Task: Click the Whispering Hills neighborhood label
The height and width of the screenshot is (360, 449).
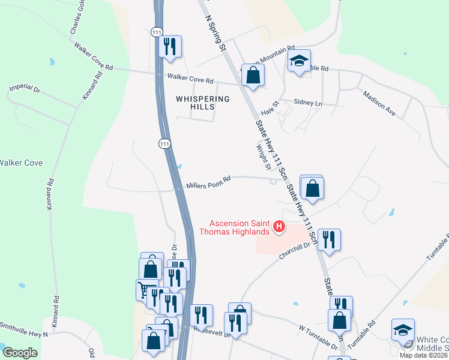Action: [x=194, y=102]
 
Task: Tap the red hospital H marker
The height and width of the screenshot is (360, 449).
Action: [x=279, y=226]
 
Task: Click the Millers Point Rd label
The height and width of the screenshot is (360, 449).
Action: [x=208, y=181]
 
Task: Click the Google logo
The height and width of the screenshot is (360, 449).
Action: [x=20, y=353]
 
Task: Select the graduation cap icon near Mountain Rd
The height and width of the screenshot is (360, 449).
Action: [x=299, y=61]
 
